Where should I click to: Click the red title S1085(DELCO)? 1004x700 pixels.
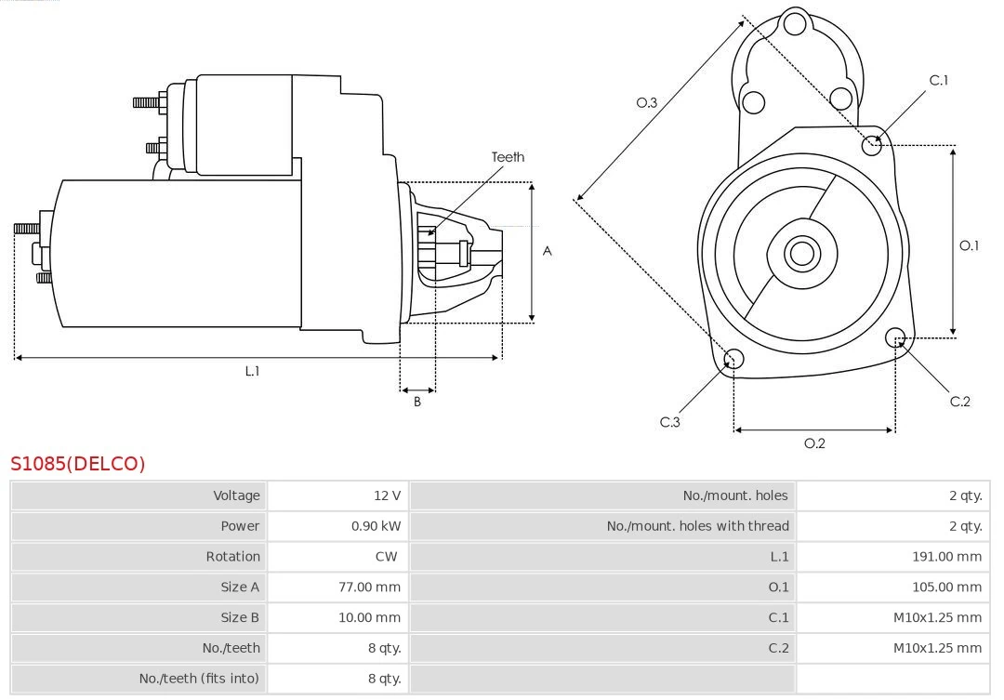78,464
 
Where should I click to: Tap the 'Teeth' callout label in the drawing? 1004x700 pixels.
508,157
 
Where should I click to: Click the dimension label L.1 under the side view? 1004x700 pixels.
252,371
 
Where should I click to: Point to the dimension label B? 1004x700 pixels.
417,403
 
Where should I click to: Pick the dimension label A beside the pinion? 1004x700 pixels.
548,251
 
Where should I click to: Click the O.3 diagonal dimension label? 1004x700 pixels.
647,103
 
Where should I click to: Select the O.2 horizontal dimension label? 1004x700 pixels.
814,443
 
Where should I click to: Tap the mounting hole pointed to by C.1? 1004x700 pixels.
872,145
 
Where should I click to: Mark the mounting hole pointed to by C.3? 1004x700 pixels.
733,360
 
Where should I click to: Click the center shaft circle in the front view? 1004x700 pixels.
800,253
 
